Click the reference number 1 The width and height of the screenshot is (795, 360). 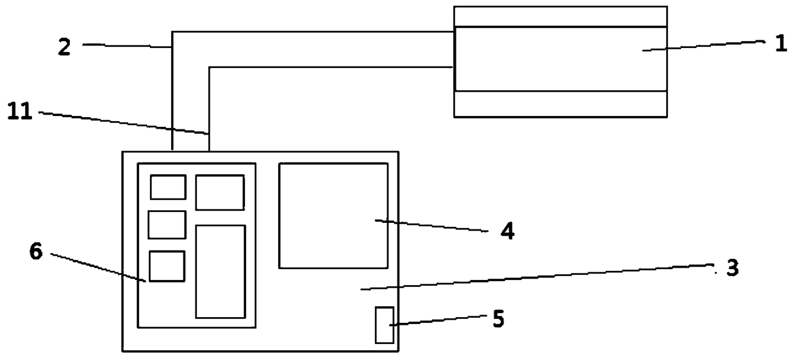pos(780,45)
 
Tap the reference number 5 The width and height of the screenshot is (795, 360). pos(498,318)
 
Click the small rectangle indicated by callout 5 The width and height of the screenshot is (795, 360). pos(384,325)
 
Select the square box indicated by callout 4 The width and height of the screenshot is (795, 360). pos(333,215)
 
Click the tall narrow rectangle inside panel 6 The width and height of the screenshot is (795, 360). pos(220,271)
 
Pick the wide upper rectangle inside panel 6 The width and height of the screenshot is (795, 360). pos(219,192)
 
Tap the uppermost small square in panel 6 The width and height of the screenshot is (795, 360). pos(168,187)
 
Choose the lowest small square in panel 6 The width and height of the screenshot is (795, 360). pos(167,266)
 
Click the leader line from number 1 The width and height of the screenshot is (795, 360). pos(702,45)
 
